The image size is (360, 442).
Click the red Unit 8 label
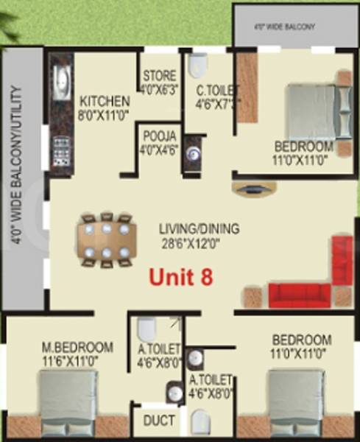181,278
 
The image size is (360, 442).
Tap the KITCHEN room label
105,101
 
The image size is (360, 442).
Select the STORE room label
159,75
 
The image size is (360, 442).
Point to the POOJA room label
159,136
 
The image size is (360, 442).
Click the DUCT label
159,421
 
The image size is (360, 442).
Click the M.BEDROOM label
77,347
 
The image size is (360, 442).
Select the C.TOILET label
214,91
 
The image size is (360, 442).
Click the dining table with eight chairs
107,240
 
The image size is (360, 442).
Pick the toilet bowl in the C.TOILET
196,66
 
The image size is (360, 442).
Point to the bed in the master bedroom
68,402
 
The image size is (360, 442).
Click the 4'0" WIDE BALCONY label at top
294,27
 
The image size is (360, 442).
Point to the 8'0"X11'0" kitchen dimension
105,115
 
